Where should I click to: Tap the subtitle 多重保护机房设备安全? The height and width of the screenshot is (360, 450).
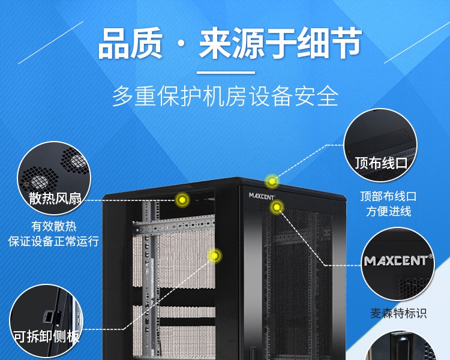(225, 97)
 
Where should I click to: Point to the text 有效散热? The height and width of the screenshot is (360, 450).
(54, 227)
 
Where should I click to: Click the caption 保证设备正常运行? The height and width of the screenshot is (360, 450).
(54, 241)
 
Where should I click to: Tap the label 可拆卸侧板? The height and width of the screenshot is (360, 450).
(47, 337)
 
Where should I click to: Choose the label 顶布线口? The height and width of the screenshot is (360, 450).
(381, 163)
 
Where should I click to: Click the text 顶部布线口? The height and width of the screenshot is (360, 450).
(388, 196)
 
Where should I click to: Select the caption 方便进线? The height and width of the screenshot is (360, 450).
(388, 211)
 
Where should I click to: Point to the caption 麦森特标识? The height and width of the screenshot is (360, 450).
(398, 313)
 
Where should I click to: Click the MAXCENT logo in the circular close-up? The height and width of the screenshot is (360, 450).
(398, 262)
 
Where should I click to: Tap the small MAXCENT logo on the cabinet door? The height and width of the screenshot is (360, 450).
(262, 195)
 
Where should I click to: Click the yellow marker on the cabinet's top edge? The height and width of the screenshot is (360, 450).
(272, 181)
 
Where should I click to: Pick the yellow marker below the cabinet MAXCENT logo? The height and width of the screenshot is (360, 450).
(277, 208)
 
